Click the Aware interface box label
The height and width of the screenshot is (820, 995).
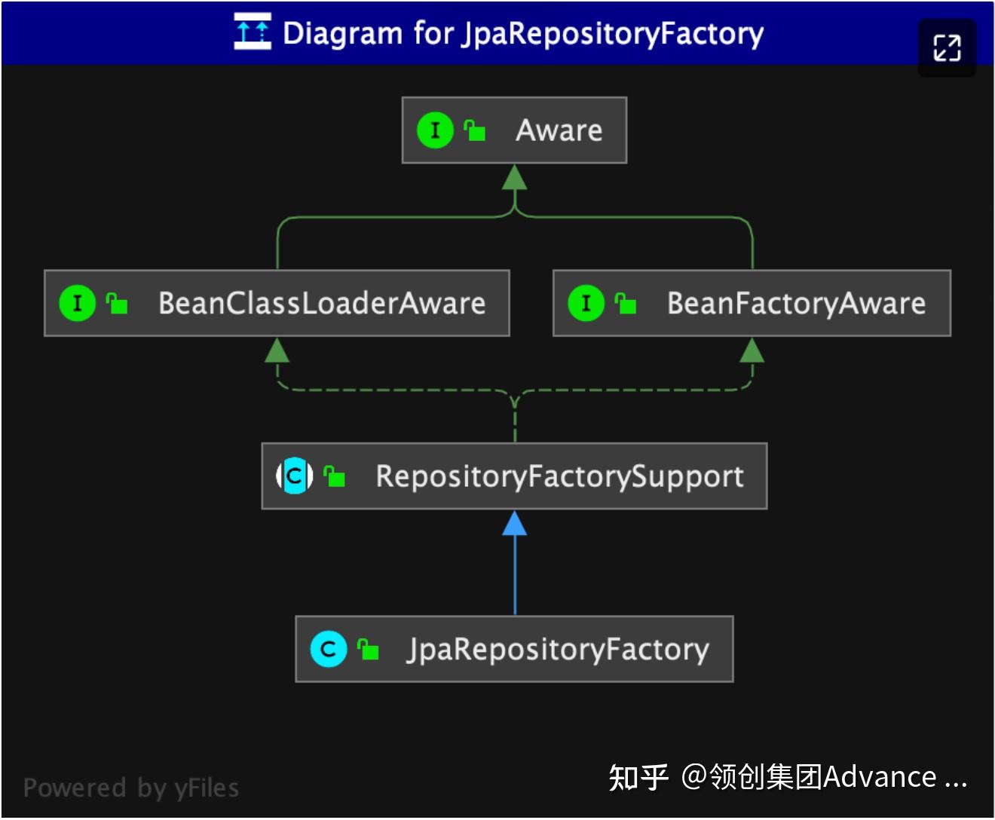pos(559,130)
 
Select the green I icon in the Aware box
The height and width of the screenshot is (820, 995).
pos(435,130)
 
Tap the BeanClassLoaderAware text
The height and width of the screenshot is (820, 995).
pos(322,303)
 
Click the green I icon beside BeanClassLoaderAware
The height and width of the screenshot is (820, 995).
pos(77,303)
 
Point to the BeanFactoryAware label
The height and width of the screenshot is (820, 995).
pos(796,303)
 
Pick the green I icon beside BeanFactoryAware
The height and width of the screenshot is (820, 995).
pos(586,303)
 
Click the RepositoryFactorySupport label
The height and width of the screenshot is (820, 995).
pos(559,476)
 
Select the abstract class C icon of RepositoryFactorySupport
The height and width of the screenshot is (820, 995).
pos(295,476)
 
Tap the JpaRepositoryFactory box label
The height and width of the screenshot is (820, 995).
pos(558,649)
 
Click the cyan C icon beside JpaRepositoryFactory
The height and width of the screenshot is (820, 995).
pos(328,649)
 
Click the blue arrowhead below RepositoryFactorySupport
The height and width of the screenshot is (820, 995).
pos(515,524)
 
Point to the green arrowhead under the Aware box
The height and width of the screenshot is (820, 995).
pos(514,177)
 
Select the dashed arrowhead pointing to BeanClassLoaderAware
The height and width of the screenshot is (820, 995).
pos(277,350)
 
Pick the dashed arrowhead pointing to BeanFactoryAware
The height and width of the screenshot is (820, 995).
pos(752,350)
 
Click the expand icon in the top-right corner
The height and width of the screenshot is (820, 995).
pos(947,48)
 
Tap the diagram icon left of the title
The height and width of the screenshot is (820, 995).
pos(252,32)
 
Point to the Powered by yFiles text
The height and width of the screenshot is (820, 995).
pos(131,788)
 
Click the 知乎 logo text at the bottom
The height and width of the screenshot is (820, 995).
pos(638,777)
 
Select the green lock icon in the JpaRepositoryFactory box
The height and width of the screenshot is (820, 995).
pos(368,649)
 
